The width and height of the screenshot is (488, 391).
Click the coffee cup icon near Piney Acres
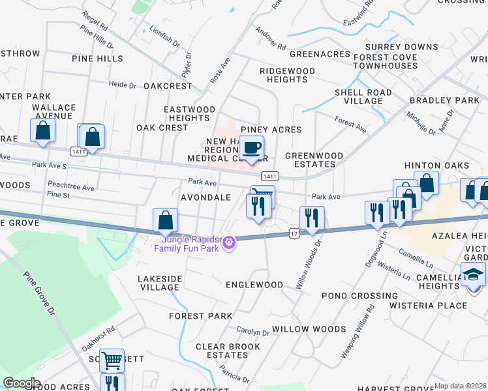coord(252,147)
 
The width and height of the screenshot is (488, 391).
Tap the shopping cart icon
coord(112,358)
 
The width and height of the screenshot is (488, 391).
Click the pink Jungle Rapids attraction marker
coord(228,244)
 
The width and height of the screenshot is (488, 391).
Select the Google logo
coord(22,383)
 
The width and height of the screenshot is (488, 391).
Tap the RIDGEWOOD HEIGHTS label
coord(287,75)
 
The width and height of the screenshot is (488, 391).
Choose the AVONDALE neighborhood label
coord(206,197)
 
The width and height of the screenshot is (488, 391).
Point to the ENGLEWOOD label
coord(254,285)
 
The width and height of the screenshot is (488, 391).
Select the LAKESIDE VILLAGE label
coord(160,283)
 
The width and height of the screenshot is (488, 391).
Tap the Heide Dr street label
coord(123,85)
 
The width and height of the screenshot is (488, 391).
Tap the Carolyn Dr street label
coord(252,332)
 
